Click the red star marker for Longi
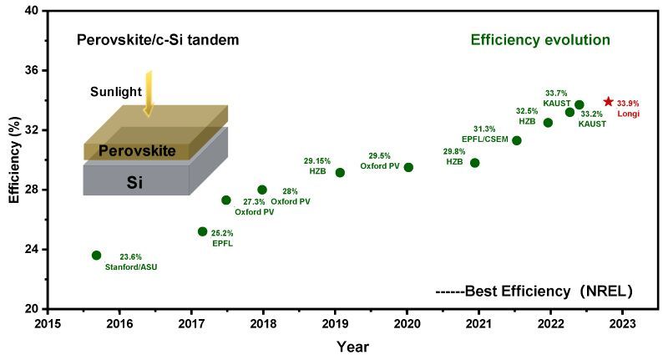tap(608, 101)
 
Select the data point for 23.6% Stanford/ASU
tap(96, 255)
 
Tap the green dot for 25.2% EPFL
tap(202, 231)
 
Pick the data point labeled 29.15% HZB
tap(340, 172)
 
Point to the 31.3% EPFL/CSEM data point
tap(517, 140)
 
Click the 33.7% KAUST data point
tap(579, 104)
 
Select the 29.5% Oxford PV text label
tap(385, 160)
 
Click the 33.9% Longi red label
tap(629, 108)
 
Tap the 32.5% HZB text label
tap(527, 115)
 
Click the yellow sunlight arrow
tap(149, 93)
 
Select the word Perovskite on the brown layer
tap(138, 151)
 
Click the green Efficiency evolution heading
tap(540, 40)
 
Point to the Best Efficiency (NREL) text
tap(534, 292)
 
